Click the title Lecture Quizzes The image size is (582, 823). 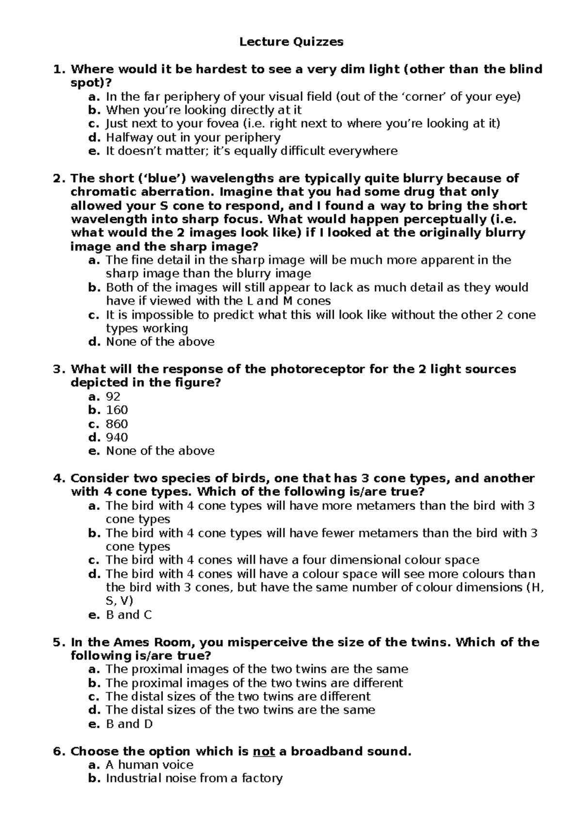click(x=291, y=42)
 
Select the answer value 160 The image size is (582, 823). click(x=117, y=410)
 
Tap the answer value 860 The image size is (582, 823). click(x=117, y=424)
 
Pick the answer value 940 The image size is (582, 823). click(x=117, y=437)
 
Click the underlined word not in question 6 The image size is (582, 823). click(x=264, y=751)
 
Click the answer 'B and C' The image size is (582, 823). click(x=129, y=615)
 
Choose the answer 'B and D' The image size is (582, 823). click(x=129, y=724)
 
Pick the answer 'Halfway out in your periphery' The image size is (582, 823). click(x=193, y=137)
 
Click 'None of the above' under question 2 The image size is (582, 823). click(x=160, y=342)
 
